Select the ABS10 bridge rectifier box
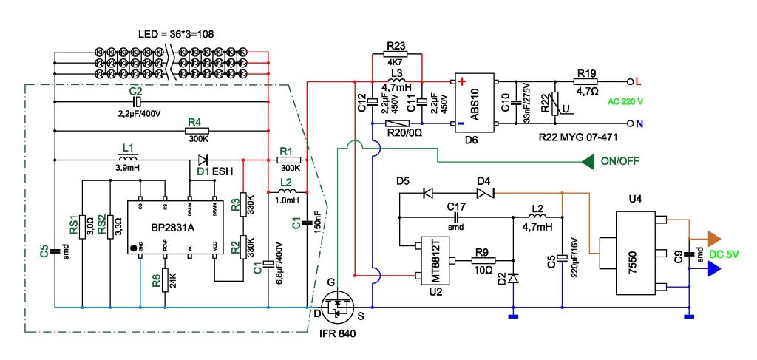click(x=475, y=101)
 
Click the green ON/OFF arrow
click(x=589, y=160)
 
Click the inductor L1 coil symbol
click(x=127, y=158)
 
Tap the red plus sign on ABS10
click(x=462, y=81)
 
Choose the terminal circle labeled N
click(x=630, y=123)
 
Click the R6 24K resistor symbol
click(x=166, y=279)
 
